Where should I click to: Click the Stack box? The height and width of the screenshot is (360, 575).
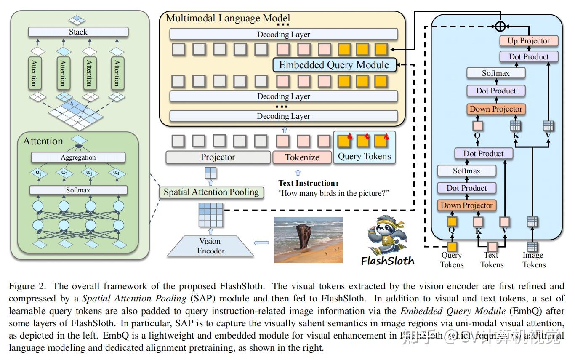pyautogui.click(x=78, y=32)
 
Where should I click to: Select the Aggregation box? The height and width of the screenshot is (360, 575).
pyautogui.click(x=78, y=157)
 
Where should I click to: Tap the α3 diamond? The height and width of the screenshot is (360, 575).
pyautogui.click(x=89, y=173)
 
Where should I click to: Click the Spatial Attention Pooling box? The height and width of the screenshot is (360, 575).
pyautogui.click(x=211, y=192)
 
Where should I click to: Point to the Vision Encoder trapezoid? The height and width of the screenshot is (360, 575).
pyautogui.click(x=210, y=246)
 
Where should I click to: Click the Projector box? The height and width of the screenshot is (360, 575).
pyautogui.click(x=218, y=157)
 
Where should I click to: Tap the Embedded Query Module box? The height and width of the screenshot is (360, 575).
pyautogui.click(x=334, y=65)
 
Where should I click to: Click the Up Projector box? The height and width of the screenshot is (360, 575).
pyautogui.click(x=529, y=41)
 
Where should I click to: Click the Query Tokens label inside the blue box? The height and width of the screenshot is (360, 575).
pyautogui.click(x=365, y=157)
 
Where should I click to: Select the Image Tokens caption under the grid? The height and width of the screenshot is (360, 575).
pyautogui.click(x=534, y=260)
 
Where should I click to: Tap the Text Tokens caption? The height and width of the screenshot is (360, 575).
pyautogui.click(x=492, y=260)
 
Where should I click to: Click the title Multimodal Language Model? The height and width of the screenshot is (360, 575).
pyautogui.click(x=228, y=18)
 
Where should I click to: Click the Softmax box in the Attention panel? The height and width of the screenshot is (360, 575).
pyautogui.click(x=78, y=190)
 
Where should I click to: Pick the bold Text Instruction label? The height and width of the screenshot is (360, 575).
pyautogui.click(x=309, y=183)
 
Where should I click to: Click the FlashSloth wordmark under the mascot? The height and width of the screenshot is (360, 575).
pyautogui.click(x=388, y=261)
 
